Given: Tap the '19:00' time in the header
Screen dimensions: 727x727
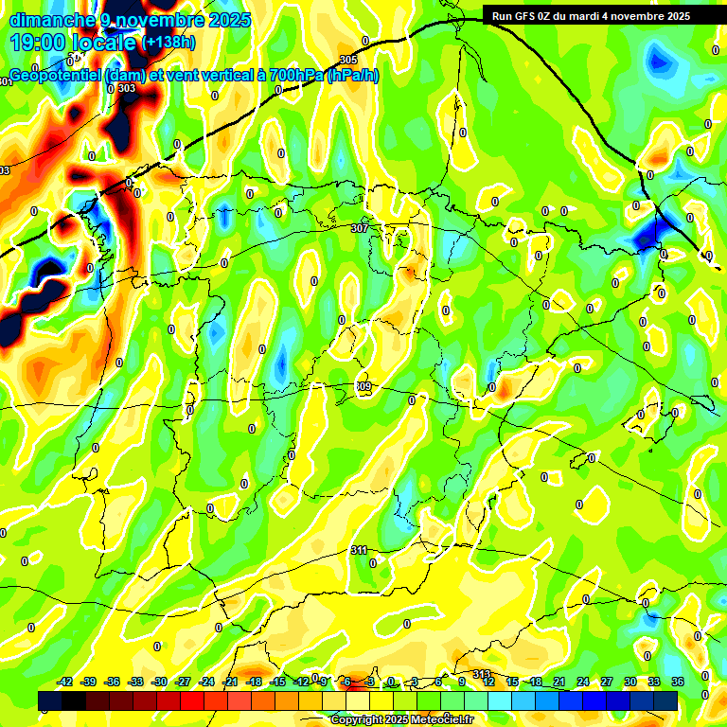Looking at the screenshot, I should pos(39,42).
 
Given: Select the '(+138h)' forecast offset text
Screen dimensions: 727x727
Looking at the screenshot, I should pos(168,42).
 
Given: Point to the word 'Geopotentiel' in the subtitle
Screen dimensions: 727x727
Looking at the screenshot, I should pos(55,76).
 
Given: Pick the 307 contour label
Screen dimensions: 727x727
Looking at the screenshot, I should pos(359,228).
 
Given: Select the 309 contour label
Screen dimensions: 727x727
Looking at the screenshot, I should pos(364,386).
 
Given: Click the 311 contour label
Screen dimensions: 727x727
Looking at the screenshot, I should pos(359,550).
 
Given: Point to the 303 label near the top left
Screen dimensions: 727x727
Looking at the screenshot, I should pos(127,88).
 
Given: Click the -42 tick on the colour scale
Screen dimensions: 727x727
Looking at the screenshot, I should pos(65,682).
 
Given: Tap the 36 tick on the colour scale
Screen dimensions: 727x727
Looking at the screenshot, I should pos(677,682).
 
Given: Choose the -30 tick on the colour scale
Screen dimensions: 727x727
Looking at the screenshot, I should pos(160,682).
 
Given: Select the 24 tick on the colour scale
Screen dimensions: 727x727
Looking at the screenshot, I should pos(582,682).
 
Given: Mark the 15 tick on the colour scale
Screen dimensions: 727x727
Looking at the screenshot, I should pos(511,682).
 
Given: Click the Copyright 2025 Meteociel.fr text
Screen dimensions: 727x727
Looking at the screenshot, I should pos(400,719).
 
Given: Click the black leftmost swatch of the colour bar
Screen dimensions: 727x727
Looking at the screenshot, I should pos(50,700).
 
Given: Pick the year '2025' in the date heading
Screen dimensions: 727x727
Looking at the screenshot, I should pos(228,19).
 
